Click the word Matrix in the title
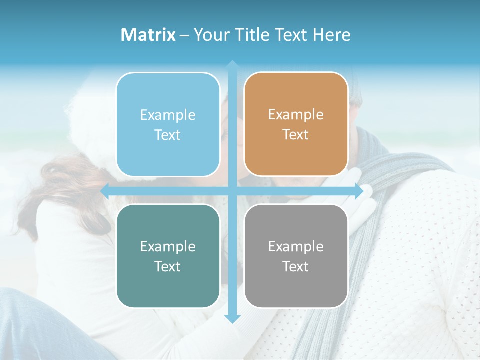tap(148, 35)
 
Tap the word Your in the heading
tap(211, 35)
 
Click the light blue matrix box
tap(168, 124)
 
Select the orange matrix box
tap(296, 124)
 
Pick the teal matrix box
tap(168, 256)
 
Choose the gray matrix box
tap(296, 256)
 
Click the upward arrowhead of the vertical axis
tap(232, 65)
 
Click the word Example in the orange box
tap(296, 115)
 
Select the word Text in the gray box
tap(296, 266)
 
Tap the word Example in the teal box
tap(168, 246)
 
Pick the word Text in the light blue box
tap(168, 135)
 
